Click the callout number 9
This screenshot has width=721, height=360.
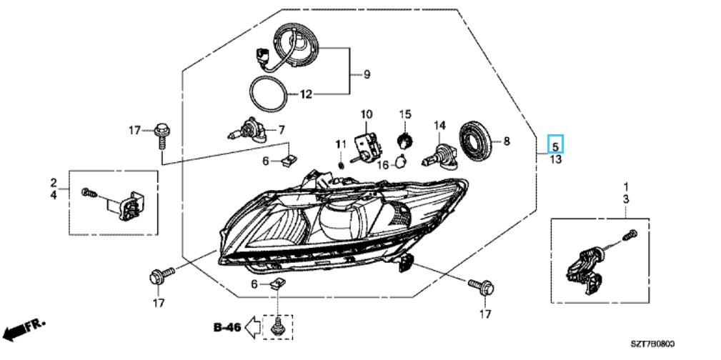coord(367,74)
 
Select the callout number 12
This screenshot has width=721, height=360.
coord(306,94)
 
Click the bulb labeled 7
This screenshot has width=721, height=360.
coord(251,131)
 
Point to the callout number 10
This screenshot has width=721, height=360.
coord(366,114)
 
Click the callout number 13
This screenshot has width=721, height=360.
coord(555,159)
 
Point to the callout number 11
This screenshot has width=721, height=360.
coord(341,145)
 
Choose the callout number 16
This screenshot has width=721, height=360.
coord(382,164)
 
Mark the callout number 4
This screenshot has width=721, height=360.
coord(54,194)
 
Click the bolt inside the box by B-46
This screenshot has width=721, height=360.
coord(278,326)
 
